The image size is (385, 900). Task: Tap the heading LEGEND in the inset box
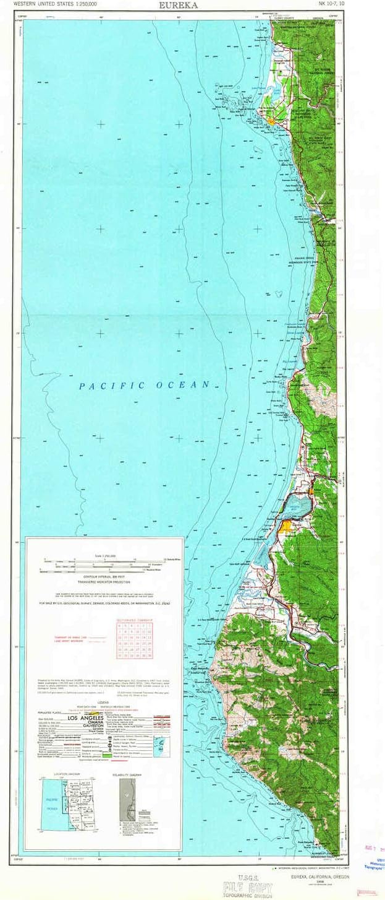104,703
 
